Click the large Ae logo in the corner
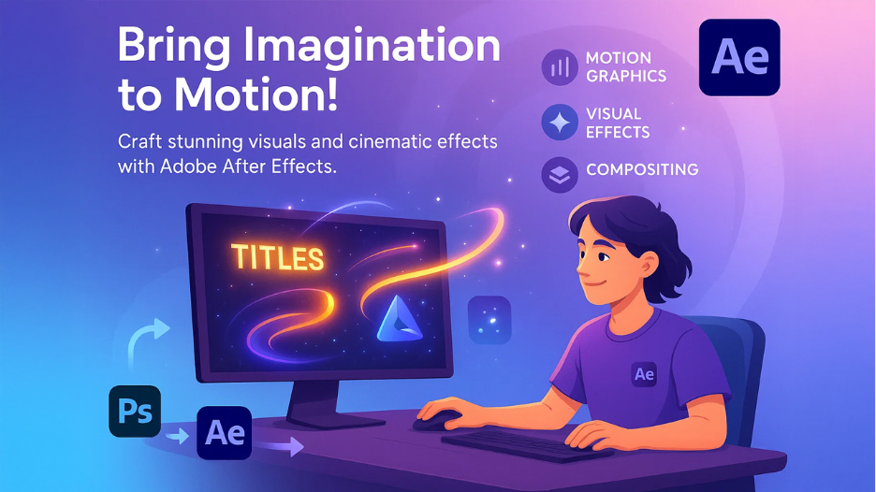739,57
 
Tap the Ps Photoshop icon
135,411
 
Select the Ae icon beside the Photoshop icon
225,433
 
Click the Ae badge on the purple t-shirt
644,373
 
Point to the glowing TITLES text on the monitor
277,257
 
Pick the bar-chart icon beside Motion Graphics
561,67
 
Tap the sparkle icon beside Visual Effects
561,122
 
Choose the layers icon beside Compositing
561,175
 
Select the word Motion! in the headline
250,96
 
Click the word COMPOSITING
642,170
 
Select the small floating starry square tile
489,319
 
